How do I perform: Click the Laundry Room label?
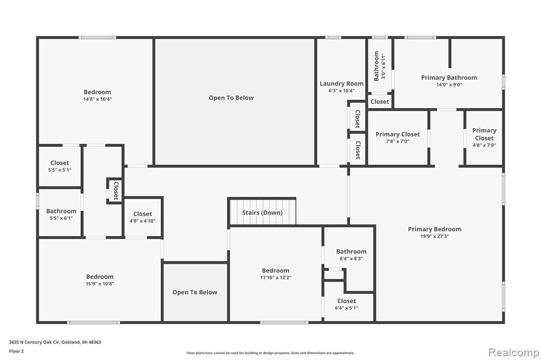click(x=342, y=83)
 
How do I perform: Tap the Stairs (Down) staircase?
click(x=262, y=212)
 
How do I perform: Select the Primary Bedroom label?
click(x=434, y=229)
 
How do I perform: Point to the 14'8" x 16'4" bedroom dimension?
click(x=97, y=99)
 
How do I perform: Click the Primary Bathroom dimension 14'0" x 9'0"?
click(x=449, y=84)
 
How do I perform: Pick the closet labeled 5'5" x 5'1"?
click(x=60, y=166)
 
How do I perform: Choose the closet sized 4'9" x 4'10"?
click(x=143, y=217)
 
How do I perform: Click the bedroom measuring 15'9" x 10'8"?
click(x=99, y=280)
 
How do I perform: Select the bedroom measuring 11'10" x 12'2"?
click(x=275, y=274)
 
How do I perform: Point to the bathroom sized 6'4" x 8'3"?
click(x=351, y=255)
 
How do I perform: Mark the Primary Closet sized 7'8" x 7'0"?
click(x=398, y=138)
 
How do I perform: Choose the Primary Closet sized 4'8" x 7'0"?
click(x=484, y=138)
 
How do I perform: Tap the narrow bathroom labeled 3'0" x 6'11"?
click(x=379, y=65)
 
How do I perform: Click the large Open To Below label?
click(x=231, y=98)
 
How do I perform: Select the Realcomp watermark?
click(x=514, y=353)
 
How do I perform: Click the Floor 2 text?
click(x=16, y=351)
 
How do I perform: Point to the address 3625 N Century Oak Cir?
click(x=34, y=342)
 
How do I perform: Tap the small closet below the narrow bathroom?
click(x=379, y=101)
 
